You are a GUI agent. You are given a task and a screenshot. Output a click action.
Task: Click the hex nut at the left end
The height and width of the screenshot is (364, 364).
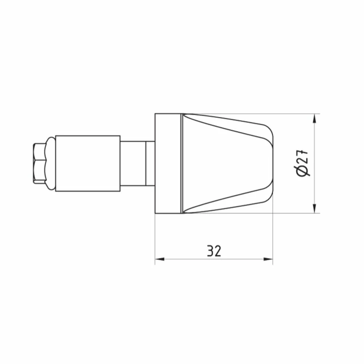pos(39,163)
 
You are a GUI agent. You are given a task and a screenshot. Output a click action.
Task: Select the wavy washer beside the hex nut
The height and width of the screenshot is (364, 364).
pos(50,163)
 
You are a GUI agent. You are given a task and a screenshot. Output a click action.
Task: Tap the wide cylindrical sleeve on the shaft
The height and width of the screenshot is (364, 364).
pos(88,163)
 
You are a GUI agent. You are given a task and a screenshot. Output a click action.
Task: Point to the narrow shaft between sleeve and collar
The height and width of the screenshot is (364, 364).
pos(133,163)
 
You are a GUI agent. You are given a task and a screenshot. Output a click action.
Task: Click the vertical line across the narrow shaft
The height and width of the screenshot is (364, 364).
pos(146,163)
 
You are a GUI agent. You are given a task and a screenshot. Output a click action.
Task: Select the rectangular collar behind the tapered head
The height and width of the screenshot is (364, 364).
pos(168,163)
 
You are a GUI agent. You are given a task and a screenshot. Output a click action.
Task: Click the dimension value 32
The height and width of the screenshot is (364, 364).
pos(214,251)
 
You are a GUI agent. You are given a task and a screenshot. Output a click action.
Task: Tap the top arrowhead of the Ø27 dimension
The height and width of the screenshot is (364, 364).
pos(314,118)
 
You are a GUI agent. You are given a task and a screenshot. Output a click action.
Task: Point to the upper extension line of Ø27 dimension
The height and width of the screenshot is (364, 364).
pos(291,114)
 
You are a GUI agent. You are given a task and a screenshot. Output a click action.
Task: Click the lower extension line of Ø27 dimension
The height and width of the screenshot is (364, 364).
pos(291,213)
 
